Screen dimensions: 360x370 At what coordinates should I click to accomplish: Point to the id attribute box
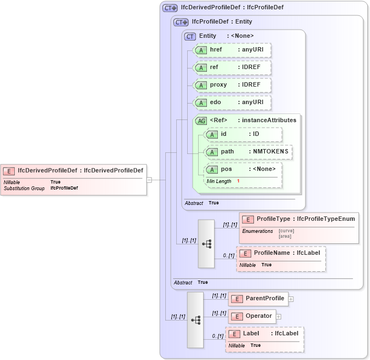click(242, 134)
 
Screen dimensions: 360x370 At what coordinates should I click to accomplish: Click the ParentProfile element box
click(258, 299)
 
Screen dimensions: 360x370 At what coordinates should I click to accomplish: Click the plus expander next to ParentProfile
click(291, 299)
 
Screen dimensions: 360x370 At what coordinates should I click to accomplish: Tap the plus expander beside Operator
click(279, 317)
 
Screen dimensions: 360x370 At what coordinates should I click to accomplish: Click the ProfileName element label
click(281, 254)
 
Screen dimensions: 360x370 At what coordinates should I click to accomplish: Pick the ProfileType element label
click(299, 219)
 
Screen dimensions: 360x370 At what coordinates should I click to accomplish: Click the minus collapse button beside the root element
click(149, 179)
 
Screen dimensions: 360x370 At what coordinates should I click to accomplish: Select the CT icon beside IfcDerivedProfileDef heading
click(170, 8)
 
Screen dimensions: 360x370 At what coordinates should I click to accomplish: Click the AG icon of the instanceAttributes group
click(201, 121)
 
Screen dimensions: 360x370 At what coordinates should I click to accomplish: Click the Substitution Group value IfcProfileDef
click(64, 188)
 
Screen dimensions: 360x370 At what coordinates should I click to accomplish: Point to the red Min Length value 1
click(238, 181)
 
